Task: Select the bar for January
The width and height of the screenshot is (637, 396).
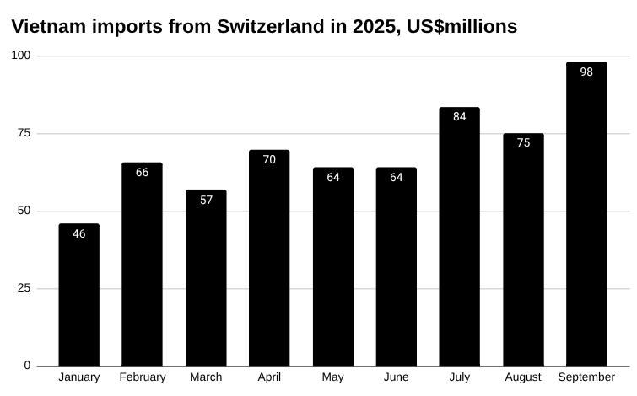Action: tap(79, 295)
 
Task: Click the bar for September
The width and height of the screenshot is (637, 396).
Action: tap(586, 214)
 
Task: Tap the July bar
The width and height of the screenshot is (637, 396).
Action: tap(459, 237)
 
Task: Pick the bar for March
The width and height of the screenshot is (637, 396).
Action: tap(206, 278)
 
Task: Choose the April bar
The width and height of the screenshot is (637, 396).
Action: tap(269, 258)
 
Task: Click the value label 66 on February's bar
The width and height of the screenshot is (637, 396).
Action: tap(143, 173)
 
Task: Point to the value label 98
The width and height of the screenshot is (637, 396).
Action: tap(586, 72)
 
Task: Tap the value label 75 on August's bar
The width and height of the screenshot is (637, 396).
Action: tap(523, 143)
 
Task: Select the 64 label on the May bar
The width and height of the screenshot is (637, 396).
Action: tap(333, 178)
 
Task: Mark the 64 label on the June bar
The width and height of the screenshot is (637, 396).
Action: tap(397, 178)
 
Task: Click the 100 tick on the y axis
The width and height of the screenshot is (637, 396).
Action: tap(21, 56)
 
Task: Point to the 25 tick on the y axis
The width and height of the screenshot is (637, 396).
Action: tap(24, 288)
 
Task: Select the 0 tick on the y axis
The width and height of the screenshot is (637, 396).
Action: tap(28, 366)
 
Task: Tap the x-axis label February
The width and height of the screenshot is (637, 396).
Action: tap(143, 377)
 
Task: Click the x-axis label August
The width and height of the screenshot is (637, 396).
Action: tap(523, 377)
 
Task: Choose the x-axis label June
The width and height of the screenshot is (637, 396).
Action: tap(397, 377)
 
